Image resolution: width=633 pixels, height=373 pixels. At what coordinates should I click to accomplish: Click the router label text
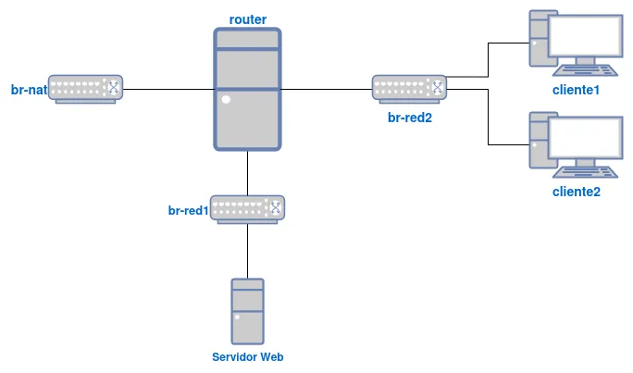tap(248, 19)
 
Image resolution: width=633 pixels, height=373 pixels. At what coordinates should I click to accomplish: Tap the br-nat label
tap(29, 90)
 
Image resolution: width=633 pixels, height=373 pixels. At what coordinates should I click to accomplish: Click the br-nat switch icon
tap(85, 89)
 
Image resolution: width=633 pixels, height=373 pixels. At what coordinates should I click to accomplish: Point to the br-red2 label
tap(410, 118)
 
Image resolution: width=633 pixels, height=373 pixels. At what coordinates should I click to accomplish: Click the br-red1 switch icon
tap(247, 208)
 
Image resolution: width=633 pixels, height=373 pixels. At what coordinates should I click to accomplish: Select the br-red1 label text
tap(188, 211)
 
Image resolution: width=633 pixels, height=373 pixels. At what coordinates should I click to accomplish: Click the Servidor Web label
tap(247, 357)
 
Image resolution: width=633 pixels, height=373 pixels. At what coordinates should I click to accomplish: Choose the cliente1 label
tap(576, 90)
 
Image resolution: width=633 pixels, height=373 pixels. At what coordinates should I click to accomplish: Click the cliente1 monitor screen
tap(585, 37)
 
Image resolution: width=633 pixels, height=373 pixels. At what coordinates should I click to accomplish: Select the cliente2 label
tap(576, 192)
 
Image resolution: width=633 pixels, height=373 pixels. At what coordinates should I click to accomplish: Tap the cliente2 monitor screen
tap(585, 138)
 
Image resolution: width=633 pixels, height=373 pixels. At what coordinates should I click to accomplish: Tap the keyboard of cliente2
tap(585, 172)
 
